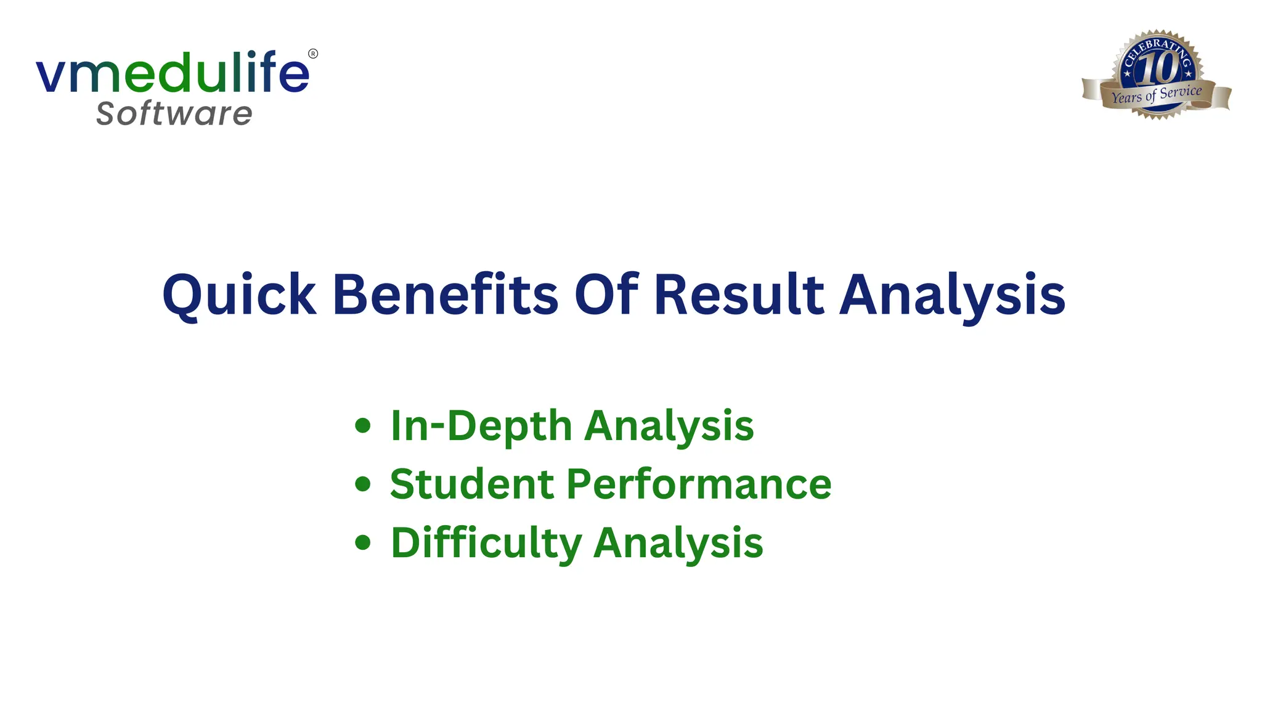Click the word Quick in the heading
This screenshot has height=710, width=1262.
coord(239,296)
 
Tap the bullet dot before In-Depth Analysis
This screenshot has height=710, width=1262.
coord(363,425)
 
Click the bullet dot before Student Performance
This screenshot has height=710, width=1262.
coord(363,484)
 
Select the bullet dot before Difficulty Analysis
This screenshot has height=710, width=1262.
coord(363,542)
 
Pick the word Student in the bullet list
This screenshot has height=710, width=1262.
coord(472,484)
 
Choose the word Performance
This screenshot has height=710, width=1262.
coord(699,484)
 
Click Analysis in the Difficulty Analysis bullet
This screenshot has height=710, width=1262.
coord(678,544)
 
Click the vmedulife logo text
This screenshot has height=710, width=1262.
coord(173,73)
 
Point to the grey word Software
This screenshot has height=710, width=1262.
coord(174,114)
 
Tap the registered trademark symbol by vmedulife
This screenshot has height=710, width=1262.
coord(313,54)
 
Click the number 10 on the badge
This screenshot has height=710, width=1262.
coord(1157,68)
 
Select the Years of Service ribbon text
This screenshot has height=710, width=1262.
coord(1157,95)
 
